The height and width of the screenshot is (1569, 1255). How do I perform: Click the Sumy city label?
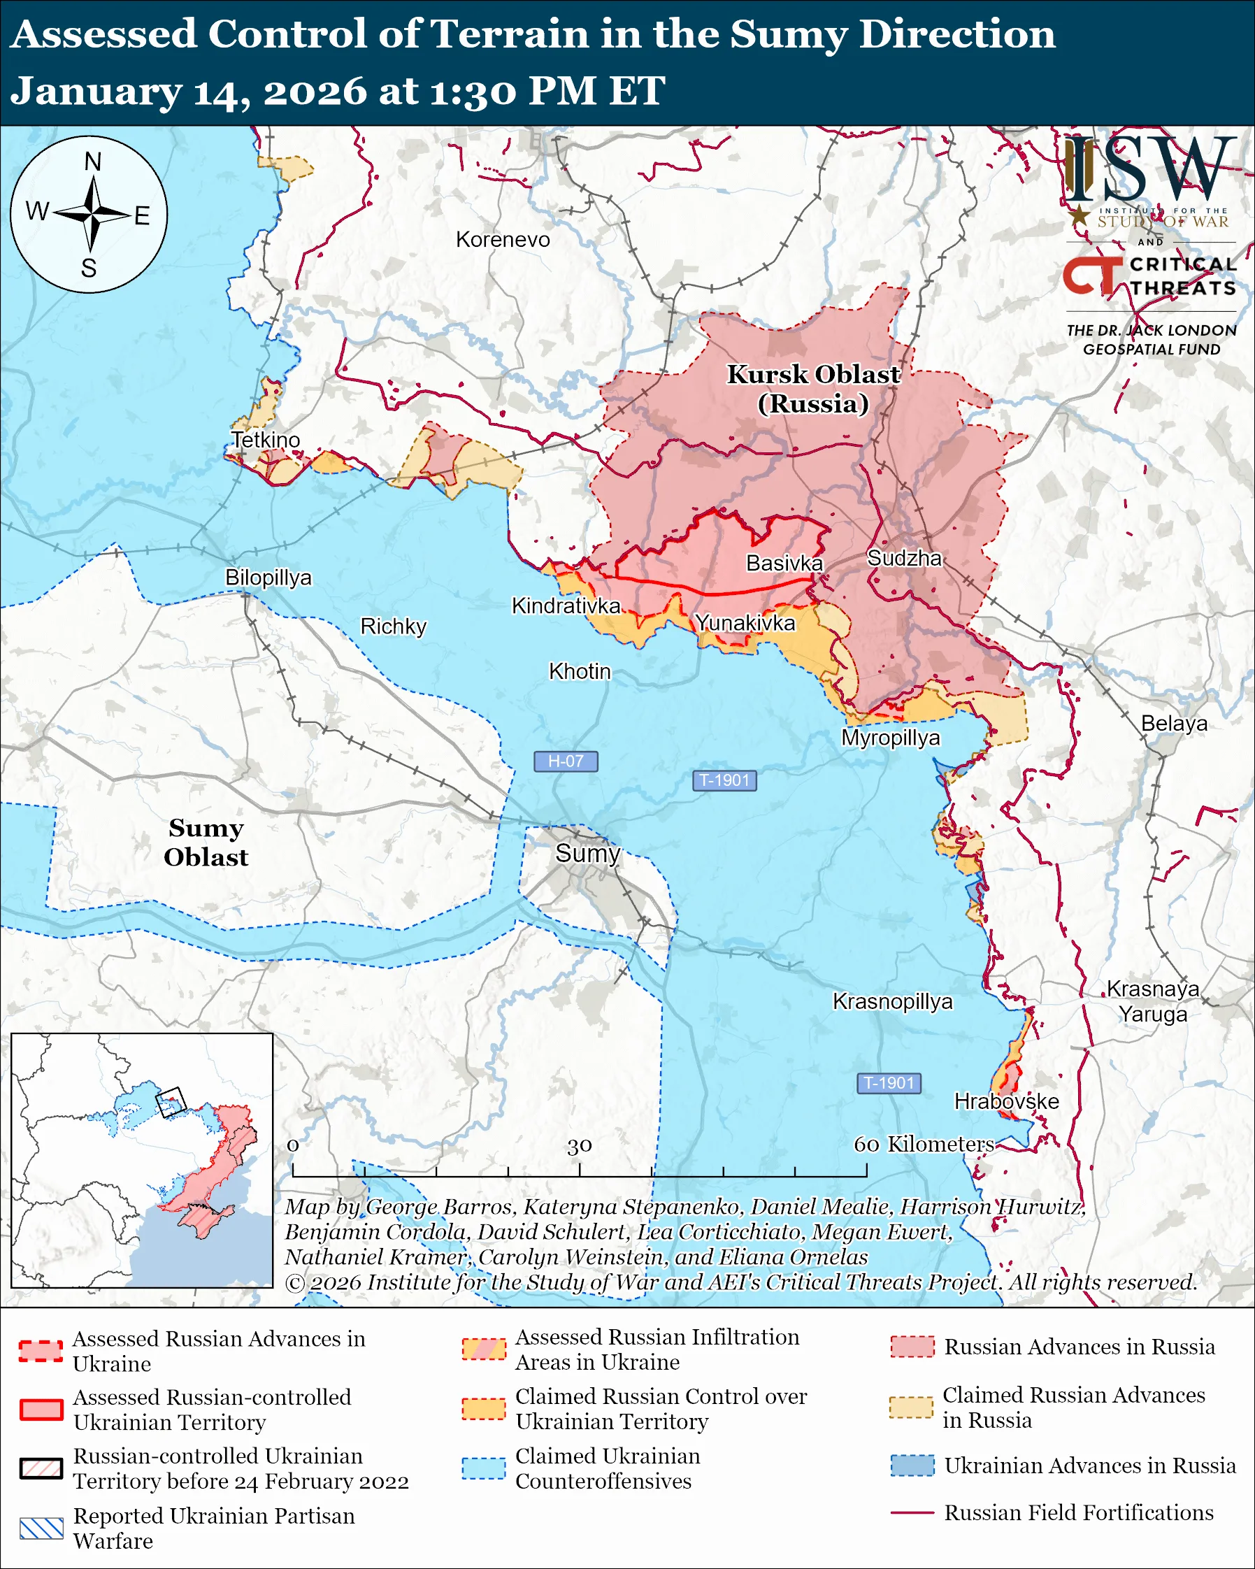point(587,853)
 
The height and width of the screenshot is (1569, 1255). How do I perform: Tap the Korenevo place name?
point(503,239)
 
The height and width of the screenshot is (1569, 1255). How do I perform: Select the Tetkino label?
point(266,440)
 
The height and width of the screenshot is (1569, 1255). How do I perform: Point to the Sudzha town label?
point(904,558)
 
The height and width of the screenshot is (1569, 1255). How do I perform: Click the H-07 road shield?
point(566,761)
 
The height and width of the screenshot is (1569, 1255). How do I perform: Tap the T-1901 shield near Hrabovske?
point(889,1083)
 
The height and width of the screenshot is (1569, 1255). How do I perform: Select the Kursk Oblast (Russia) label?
point(813,389)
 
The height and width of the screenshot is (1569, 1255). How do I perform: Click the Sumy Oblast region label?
point(206,843)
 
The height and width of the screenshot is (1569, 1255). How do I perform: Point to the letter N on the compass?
point(92,162)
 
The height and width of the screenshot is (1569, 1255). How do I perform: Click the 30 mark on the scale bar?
point(579,1146)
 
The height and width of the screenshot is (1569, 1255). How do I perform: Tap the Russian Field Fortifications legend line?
point(912,1513)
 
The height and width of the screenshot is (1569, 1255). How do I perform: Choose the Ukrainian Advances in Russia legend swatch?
point(912,1466)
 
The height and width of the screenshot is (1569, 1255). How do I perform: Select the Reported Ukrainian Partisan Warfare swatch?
point(41,1528)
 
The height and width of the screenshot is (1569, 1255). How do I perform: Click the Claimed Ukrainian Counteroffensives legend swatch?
point(483,1468)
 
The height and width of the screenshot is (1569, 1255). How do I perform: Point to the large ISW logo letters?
point(1149,169)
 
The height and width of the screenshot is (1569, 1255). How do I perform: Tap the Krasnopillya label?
point(892,1001)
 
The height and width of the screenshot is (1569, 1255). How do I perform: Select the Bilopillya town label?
point(268,577)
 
